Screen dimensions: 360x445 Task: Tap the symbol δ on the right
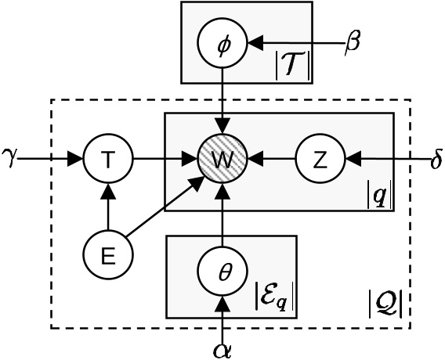[x=436, y=161]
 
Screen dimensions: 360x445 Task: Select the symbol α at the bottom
[x=222, y=347]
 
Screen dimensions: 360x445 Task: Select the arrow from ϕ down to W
[x=224, y=102]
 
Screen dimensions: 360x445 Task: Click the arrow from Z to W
[x=270, y=160]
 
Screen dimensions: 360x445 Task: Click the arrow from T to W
[x=165, y=160]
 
